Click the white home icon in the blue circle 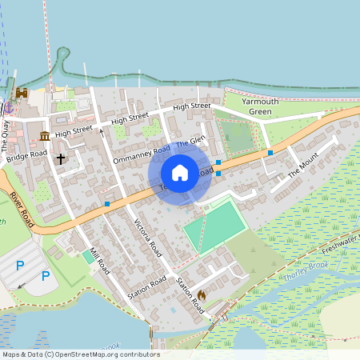pyautogui.click(x=180, y=173)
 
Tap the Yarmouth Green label pyautogui.click(x=249, y=106)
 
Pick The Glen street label pyautogui.click(x=191, y=142)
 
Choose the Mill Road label pyautogui.click(x=99, y=261)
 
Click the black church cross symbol pyautogui.click(x=61, y=158)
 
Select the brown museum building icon pyautogui.click(x=44, y=134)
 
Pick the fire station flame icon pyautogui.click(x=202, y=295)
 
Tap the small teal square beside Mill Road pyautogui.click(x=87, y=256)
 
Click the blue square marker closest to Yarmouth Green pyautogui.click(x=270, y=151)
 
